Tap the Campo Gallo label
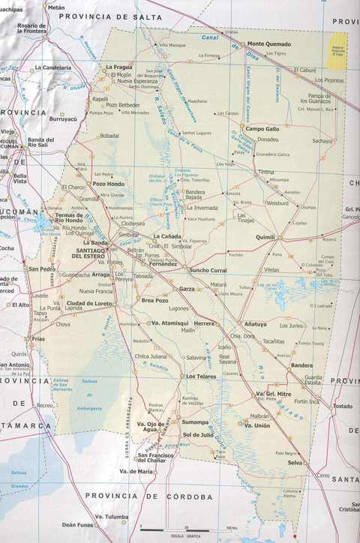(x=262, y=129)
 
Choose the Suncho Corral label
(x=208, y=270)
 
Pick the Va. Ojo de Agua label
(x=152, y=427)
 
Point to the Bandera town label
(x=301, y=365)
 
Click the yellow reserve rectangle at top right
(x=340, y=44)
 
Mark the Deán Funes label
(x=78, y=525)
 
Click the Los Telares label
(x=201, y=376)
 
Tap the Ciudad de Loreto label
(x=89, y=303)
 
